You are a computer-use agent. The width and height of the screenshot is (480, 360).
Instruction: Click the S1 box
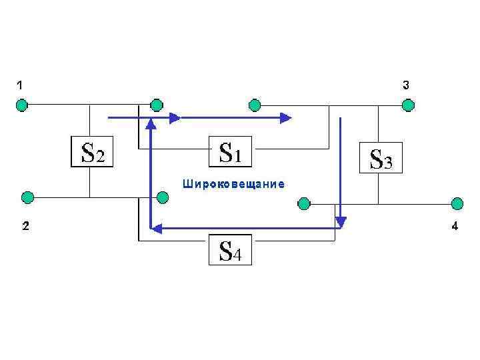tap(231, 153)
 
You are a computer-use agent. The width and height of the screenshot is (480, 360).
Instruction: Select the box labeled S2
tap(91, 153)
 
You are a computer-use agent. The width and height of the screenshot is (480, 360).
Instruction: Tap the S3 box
tap(381, 158)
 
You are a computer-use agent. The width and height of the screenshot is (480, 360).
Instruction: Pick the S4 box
tap(230, 250)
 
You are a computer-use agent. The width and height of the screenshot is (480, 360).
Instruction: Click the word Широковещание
tap(233, 184)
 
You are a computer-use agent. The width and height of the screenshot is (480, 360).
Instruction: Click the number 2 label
tap(24, 227)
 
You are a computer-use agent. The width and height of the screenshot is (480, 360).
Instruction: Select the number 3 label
tap(406, 85)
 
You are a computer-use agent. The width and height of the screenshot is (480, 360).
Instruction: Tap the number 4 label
tap(455, 227)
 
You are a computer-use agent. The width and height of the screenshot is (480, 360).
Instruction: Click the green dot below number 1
tap(22, 105)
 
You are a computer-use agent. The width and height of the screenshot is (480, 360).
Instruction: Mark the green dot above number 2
tap(27, 197)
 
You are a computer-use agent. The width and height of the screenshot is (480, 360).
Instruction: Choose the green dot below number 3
tap(407, 105)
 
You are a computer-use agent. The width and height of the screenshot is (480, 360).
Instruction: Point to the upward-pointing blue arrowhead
tap(151, 123)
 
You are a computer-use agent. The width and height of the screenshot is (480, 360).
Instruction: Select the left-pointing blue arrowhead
tap(156, 229)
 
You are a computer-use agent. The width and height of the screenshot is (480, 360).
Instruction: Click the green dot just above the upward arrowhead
tap(156, 105)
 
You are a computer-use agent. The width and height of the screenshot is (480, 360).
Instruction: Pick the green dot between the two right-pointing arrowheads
tap(254, 105)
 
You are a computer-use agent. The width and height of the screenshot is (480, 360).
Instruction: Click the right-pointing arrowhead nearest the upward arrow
tap(175, 118)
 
